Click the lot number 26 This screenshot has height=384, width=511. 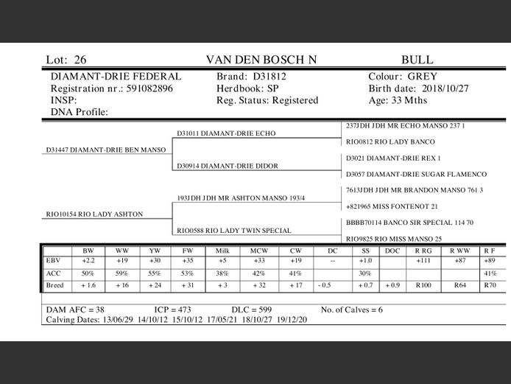coord(80,60)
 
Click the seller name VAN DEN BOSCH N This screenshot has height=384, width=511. coord(261,60)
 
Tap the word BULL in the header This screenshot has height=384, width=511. coord(417,60)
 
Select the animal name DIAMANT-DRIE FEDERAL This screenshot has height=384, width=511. coord(116,77)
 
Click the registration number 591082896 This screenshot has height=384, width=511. coord(149,88)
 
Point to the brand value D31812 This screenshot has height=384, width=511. coord(269,77)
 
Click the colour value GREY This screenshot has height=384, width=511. coord(422,77)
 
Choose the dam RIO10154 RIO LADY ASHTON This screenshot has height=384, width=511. coord(94,214)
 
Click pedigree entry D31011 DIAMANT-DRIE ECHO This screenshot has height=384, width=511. coord(216,133)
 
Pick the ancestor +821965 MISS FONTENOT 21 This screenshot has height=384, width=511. coord(392,206)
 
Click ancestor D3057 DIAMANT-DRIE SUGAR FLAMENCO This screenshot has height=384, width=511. coord(416,174)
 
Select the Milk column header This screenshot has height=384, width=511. coord(222,251)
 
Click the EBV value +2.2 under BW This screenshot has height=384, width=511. coord(88,261)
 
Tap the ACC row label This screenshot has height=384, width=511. coord(53,273)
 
